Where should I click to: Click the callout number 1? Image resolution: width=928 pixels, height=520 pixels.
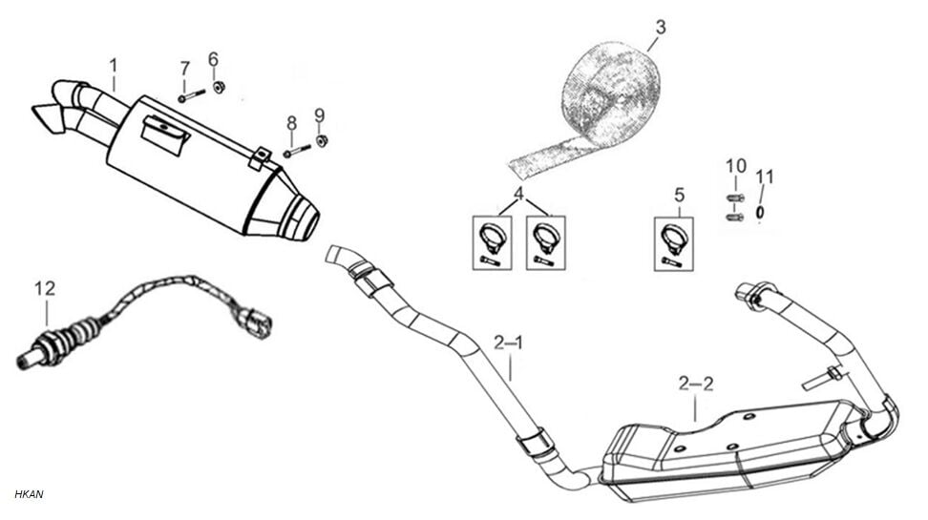114,66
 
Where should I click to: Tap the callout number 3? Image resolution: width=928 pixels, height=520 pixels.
661,27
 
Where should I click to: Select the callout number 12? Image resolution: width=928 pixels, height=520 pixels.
45,288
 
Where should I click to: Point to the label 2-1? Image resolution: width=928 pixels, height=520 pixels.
509,342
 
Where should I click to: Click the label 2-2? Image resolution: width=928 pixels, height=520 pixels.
695,384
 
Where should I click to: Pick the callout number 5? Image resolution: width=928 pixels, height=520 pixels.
679,195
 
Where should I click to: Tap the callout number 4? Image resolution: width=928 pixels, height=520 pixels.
518,195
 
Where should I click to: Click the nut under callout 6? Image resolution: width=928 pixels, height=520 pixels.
219,88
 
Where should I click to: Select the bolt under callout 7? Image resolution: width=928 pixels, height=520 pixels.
192,94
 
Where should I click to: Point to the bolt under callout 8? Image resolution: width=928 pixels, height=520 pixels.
298,150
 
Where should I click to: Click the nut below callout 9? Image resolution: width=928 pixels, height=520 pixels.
322,141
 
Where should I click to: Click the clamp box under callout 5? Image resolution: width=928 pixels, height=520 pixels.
673,243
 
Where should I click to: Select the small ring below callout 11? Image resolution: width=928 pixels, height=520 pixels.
760,212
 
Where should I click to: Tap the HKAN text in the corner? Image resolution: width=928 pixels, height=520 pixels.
30,493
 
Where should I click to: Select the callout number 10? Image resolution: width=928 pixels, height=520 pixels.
735,166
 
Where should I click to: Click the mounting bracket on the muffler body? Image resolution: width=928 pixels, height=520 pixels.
164,132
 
